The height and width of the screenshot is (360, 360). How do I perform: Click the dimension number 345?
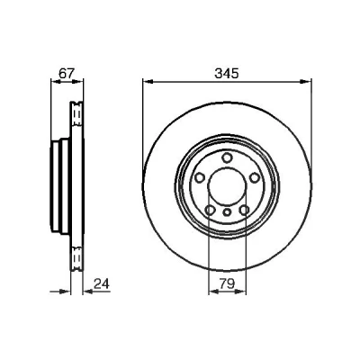tap(227, 73)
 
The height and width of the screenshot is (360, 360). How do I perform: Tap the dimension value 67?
tap(66, 73)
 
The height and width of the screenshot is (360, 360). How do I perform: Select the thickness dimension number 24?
tap(102, 283)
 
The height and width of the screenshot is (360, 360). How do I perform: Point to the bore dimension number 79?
tap(227, 283)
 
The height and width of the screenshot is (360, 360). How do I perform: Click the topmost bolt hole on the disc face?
tap(227, 157)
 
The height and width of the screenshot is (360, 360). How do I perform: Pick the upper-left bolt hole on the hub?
tap(199, 178)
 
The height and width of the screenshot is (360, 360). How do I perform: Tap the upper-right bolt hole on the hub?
tap(255, 178)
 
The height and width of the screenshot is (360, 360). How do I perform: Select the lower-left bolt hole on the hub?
tap(210, 211)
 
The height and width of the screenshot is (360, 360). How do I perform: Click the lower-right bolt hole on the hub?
tap(245, 211)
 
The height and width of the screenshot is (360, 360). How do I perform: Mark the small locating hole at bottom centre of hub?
tap(227, 212)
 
